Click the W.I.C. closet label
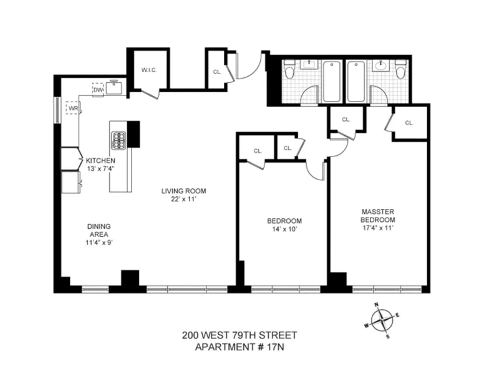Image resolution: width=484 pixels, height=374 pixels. pyautogui.click(x=148, y=70)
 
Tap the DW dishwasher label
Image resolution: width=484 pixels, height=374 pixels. pyautogui.click(x=97, y=90)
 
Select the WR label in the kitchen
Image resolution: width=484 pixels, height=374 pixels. pyautogui.click(x=72, y=108)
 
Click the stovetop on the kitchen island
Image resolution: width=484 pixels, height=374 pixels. pyautogui.click(x=118, y=141)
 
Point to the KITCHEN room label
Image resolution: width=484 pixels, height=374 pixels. pyautogui.click(x=100, y=161)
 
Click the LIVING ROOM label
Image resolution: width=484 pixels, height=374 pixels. pyautogui.click(x=183, y=191)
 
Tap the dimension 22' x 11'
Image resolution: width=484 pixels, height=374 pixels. pyautogui.click(x=183, y=199)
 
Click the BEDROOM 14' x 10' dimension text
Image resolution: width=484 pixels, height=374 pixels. pyautogui.click(x=284, y=229)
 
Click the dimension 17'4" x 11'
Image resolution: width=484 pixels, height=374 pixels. pyautogui.click(x=377, y=229)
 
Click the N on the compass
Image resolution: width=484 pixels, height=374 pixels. pyautogui.click(x=377, y=305)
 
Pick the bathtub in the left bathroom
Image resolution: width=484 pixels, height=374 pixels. pyautogui.click(x=332, y=81)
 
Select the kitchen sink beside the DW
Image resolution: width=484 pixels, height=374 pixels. pyautogui.click(x=114, y=88)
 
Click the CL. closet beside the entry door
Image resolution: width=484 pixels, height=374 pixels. pyautogui.click(x=216, y=71)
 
